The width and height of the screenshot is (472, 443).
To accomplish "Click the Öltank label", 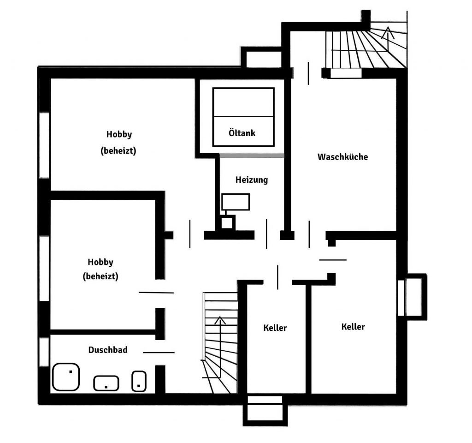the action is pyautogui.click(x=242, y=133).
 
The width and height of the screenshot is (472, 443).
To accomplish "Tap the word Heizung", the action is pyautogui.click(x=252, y=180).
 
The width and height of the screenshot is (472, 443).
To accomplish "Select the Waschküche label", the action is pyautogui.click(x=342, y=157).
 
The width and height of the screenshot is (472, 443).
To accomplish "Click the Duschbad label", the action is pyautogui.click(x=108, y=350).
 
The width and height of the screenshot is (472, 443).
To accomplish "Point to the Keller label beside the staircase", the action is pyautogui.click(x=275, y=328).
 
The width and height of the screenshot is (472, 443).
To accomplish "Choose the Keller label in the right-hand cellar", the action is pyautogui.click(x=353, y=327).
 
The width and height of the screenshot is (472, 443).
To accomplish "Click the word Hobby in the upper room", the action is pyautogui.click(x=119, y=134).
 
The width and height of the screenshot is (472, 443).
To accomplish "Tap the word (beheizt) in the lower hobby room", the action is pyautogui.click(x=100, y=276).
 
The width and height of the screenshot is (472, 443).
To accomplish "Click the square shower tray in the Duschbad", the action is pyautogui.click(x=66, y=377).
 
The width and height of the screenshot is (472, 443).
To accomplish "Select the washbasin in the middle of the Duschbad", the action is pyautogui.click(x=106, y=383).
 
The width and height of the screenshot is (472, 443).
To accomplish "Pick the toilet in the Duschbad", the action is pyautogui.click(x=139, y=381).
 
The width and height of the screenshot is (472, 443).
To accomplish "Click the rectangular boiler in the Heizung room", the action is pyautogui.click(x=236, y=202).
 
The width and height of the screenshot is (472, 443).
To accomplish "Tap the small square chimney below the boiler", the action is pyautogui.click(x=227, y=223).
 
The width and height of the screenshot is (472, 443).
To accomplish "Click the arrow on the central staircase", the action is pyautogui.click(x=220, y=347).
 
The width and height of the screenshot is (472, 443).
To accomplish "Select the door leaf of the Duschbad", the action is pyautogui.click(x=159, y=352).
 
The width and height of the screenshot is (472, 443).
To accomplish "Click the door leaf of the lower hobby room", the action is pyautogui.click(x=156, y=292).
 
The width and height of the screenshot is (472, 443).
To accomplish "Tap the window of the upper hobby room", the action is pyautogui.click(x=44, y=145).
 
